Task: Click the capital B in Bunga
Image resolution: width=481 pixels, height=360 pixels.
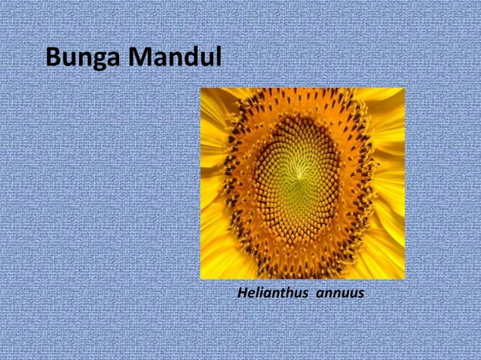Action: click(x=53, y=56)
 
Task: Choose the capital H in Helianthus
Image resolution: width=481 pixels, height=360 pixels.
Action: click(x=241, y=291)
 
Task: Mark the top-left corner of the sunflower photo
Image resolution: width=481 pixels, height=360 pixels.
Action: click(x=201, y=89)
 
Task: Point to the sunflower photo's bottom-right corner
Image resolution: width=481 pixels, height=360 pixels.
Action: click(x=404, y=279)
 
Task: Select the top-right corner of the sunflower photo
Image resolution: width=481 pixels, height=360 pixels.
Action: click(x=404, y=89)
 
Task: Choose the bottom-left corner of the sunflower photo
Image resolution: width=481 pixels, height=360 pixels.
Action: click(x=201, y=279)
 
